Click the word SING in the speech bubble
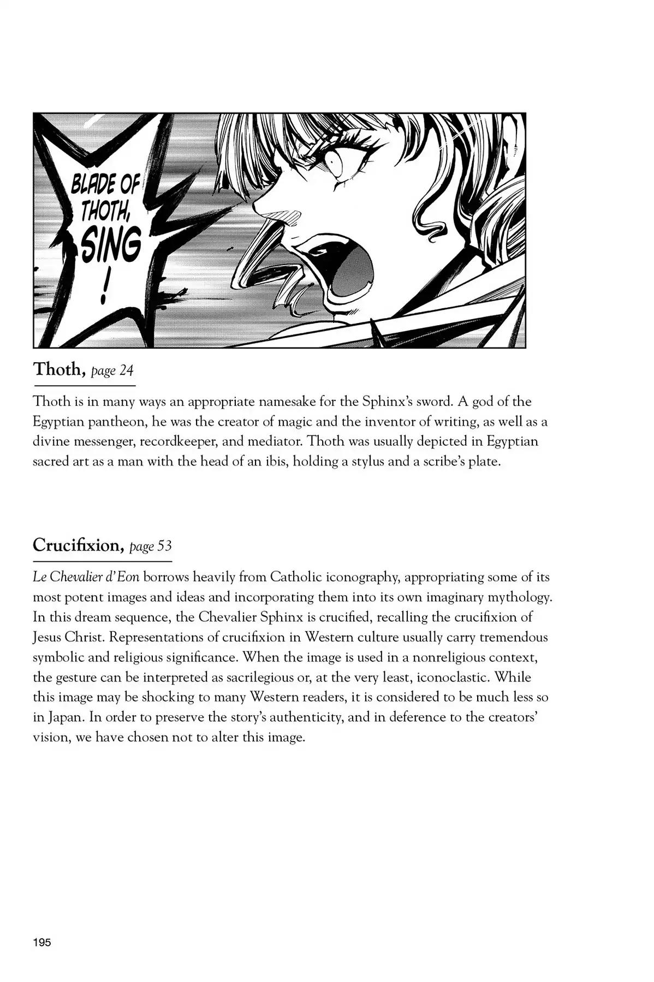point(111,247)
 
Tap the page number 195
point(42,942)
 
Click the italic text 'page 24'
point(112,371)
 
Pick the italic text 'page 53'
point(151,546)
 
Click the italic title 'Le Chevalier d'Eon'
point(86,577)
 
